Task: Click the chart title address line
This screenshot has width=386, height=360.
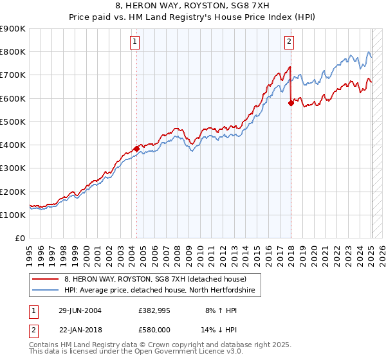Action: [192, 7]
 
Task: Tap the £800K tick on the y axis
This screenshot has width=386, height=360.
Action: [14, 51]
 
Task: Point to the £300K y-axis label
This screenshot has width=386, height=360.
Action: [14, 168]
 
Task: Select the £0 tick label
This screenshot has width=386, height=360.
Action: [20, 238]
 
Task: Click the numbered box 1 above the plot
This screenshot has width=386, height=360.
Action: [135, 42]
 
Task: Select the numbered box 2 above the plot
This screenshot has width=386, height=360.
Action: [289, 42]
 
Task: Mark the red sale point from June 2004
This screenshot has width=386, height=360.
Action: [137, 148]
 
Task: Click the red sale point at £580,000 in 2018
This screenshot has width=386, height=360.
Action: [291, 103]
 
